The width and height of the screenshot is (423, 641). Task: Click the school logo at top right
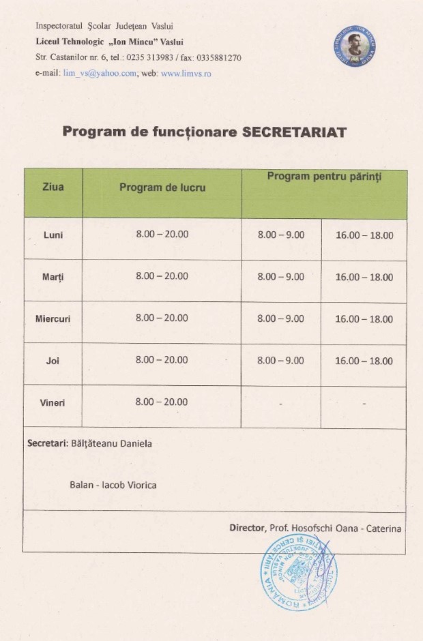coord(355,46)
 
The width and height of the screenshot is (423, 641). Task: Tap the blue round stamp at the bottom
coord(298,572)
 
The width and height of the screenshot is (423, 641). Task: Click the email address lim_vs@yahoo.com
coord(100,73)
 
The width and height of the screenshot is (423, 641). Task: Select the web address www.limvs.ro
coord(186,73)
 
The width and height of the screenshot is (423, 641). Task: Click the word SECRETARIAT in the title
coord(295,132)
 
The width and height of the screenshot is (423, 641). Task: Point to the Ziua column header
coord(53,187)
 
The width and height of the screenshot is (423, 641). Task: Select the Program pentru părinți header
coord(324,177)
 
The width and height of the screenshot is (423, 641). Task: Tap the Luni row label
coord(53,235)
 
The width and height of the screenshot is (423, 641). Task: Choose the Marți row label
coord(53,277)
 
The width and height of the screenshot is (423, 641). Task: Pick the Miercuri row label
coord(53,318)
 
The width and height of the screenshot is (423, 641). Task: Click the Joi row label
coord(53,361)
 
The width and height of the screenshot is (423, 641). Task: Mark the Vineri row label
coord(53,402)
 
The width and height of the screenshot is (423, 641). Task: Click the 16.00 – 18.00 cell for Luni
coord(364,235)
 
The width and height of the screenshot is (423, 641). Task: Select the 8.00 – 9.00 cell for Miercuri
coord(281,318)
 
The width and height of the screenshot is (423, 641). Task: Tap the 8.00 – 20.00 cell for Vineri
coord(162,402)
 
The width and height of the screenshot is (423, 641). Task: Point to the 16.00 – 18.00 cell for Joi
coord(364,361)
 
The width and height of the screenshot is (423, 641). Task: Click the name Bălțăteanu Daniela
coord(112,443)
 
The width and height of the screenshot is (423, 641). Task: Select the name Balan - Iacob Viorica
coord(113,485)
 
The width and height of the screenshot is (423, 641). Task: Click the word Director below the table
coord(246,528)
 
